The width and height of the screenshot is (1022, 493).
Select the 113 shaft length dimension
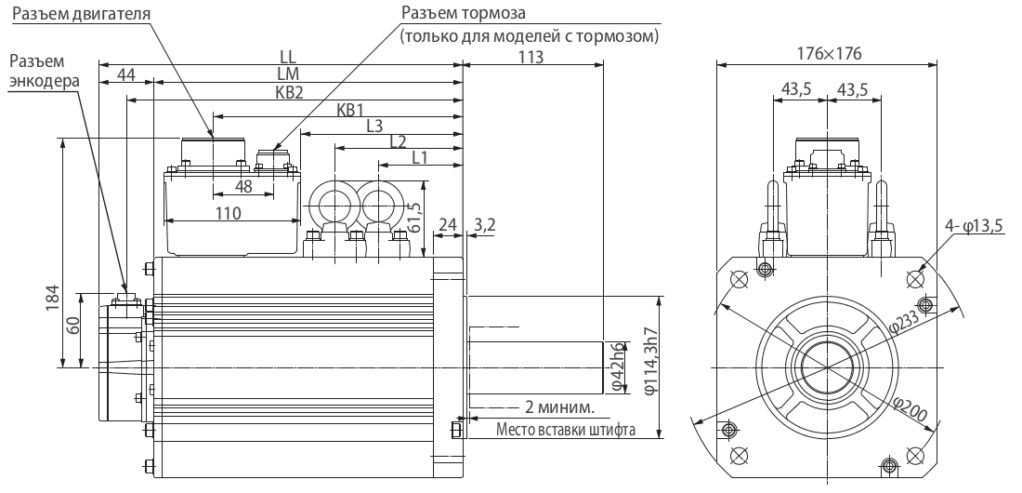tap(531, 55)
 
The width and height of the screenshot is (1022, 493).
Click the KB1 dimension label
tap(350, 109)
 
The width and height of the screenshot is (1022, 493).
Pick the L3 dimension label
tap(375, 126)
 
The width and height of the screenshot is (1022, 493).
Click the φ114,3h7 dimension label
tap(650, 365)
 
